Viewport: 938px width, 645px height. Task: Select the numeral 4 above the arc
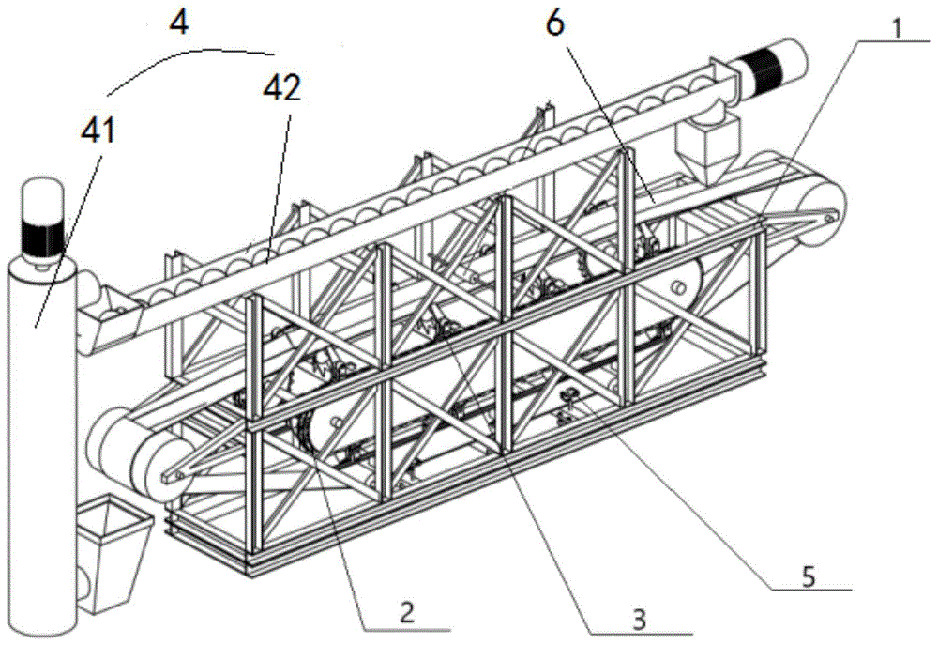[x=178, y=21]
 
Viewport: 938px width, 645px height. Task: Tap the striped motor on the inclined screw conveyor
[x=771, y=68]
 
